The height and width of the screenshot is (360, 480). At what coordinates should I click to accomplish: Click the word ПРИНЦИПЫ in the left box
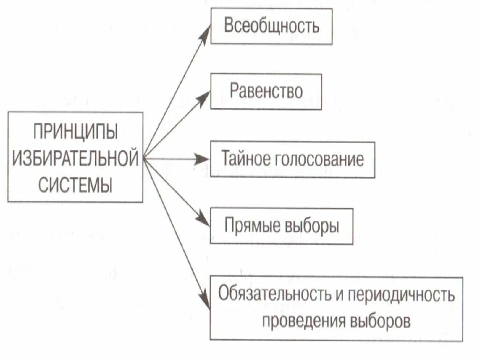(75, 132)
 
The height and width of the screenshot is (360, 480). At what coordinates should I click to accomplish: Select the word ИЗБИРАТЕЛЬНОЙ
(75, 158)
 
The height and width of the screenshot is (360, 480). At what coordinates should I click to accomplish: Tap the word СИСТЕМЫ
(75, 184)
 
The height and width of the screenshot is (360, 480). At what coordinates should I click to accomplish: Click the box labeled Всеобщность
(271, 26)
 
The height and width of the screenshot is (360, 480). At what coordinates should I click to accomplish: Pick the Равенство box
(266, 91)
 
